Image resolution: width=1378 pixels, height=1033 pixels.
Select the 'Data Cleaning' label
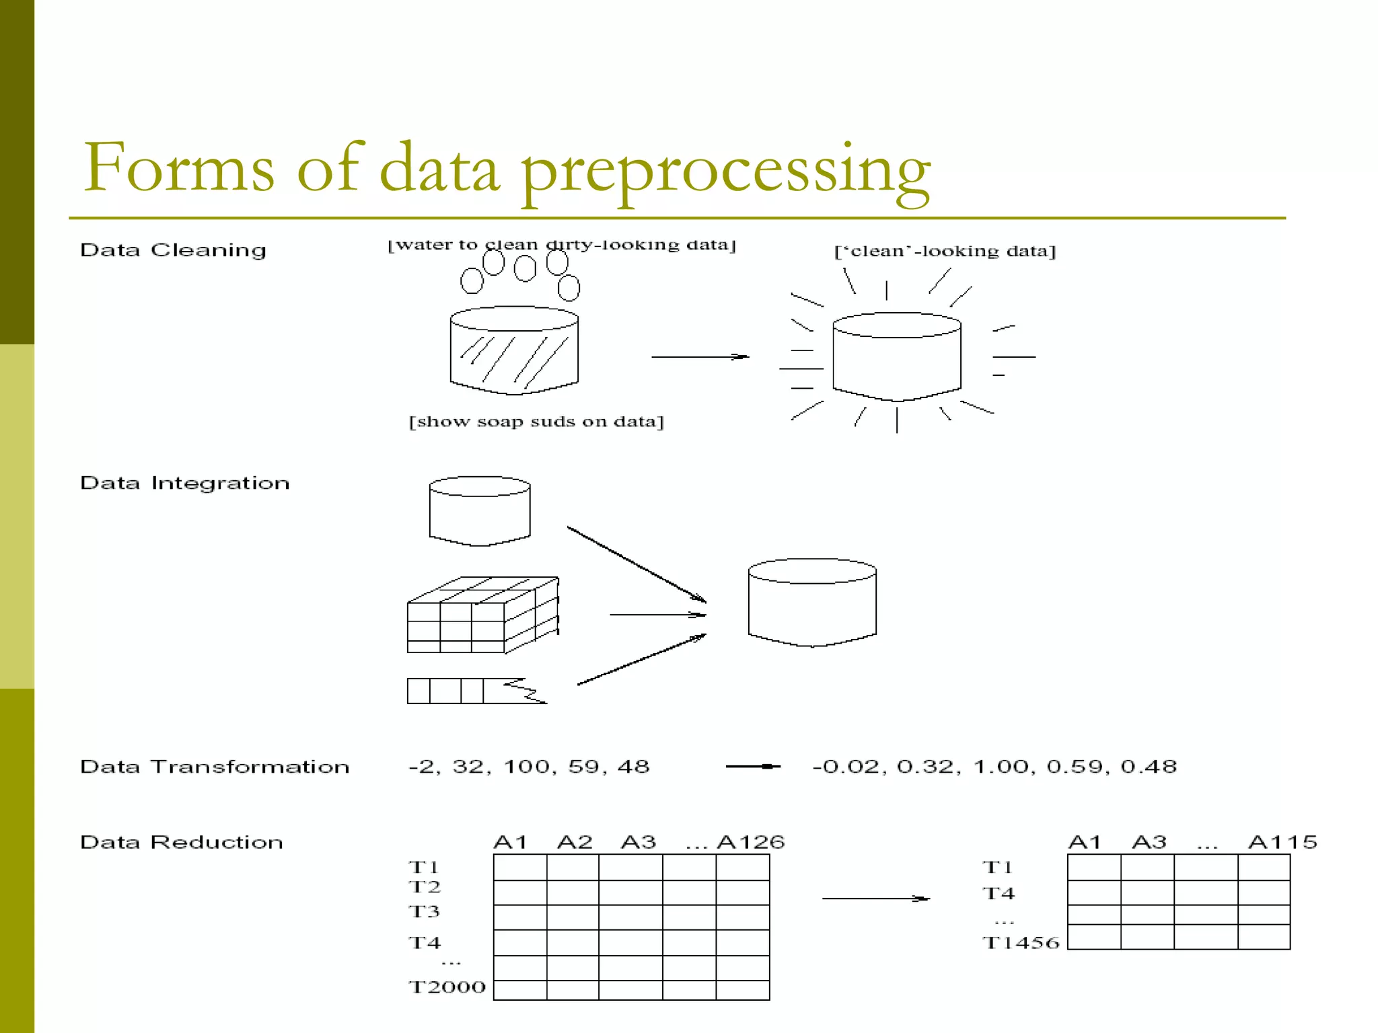click(x=173, y=250)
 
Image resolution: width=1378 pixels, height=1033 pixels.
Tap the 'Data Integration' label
click(x=184, y=483)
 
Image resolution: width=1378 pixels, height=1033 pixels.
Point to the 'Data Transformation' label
click(x=214, y=767)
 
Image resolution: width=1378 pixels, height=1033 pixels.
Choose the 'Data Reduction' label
click(x=181, y=842)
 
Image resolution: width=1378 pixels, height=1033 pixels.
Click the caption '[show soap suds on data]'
click(x=536, y=422)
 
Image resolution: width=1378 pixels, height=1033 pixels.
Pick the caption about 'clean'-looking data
click(x=945, y=252)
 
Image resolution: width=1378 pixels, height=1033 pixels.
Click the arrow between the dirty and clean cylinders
click(x=700, y=356)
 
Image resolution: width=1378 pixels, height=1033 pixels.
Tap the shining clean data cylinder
click(x=896, y=356)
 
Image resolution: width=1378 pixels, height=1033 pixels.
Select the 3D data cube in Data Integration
click(x=482, y=615)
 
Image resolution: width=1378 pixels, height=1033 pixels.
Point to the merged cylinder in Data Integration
click(x=812, y=602)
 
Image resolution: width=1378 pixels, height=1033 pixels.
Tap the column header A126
click(x=751, y=842)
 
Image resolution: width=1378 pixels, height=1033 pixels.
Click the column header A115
click(x=1282, y=842)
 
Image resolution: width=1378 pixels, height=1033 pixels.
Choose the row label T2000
click(x=447, y=987)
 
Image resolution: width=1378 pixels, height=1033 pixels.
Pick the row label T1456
click(x=1021, y=943)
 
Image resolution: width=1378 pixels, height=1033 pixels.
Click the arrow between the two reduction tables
click(x=875, y=898)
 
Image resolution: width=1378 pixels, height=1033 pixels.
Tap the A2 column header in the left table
click(x=575, y=842)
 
